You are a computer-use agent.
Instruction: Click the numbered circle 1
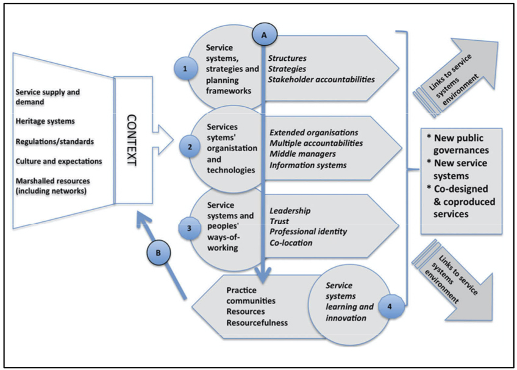coord(185,69)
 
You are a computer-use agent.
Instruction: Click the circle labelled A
coord(263,37)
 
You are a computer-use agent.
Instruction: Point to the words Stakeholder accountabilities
coord(321,79)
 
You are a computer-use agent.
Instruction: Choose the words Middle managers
coord(303,154)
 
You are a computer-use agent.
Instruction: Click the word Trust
coord(279,221)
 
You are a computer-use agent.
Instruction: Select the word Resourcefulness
coord(257,322)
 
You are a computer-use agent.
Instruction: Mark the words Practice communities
coord(251,296)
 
